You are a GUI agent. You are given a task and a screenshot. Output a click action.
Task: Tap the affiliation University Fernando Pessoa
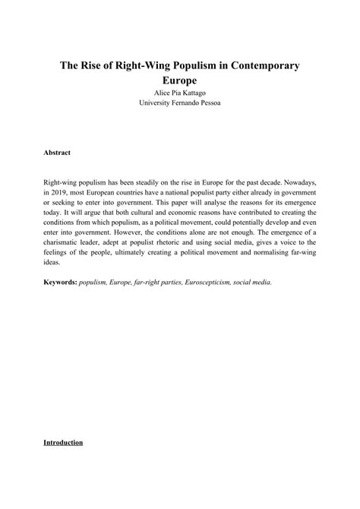(180, 104)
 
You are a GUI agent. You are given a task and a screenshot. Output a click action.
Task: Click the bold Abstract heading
(57, 153)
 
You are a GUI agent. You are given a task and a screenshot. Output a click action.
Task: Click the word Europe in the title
(180, 80)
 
